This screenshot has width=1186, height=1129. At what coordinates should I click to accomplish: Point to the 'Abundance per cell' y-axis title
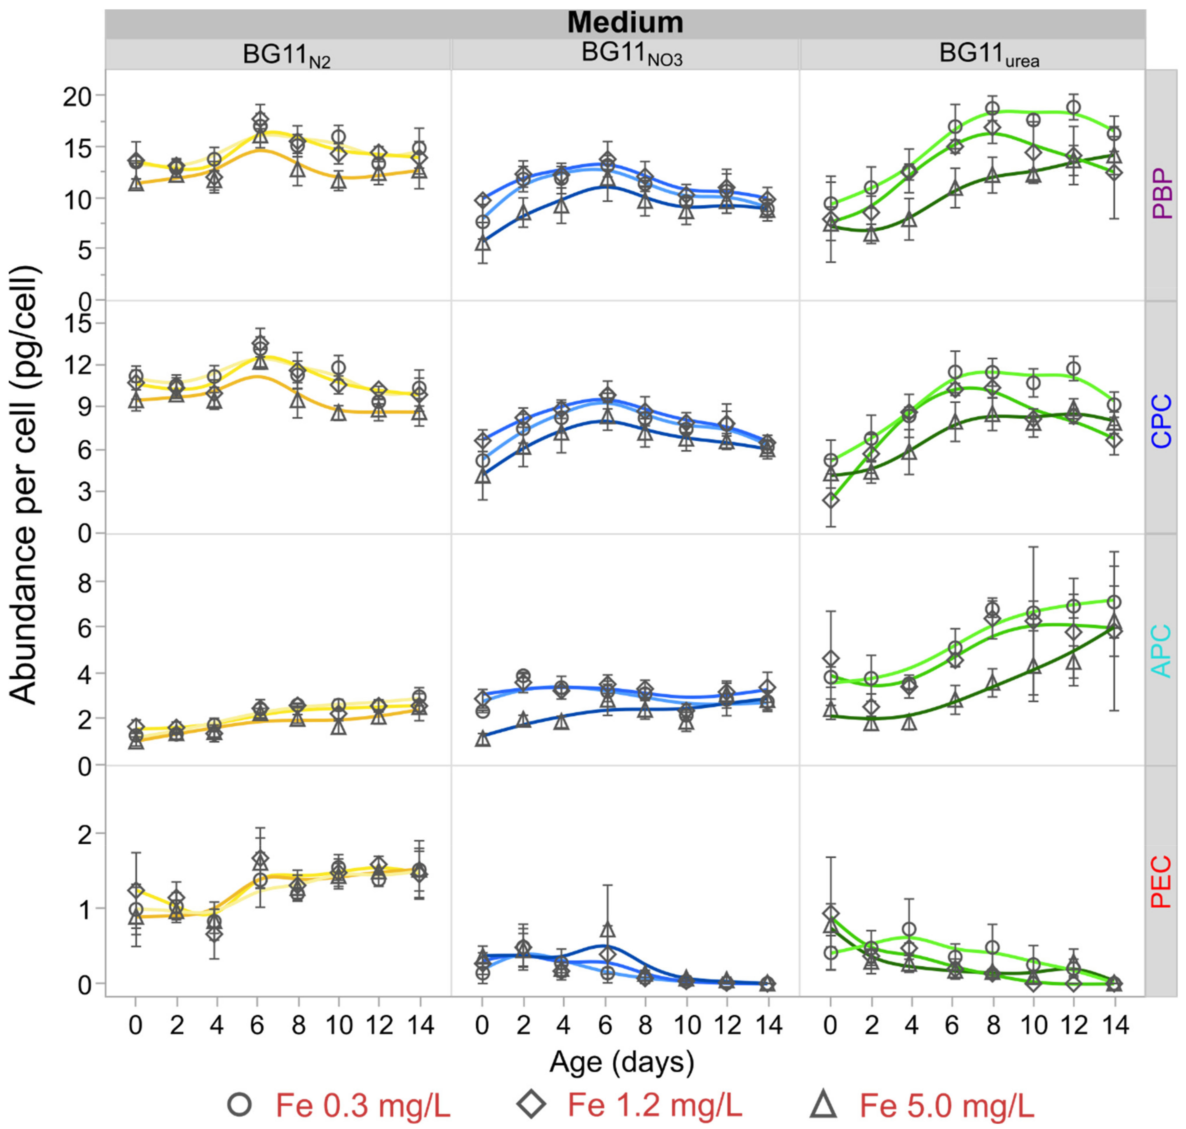pos(25,486)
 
